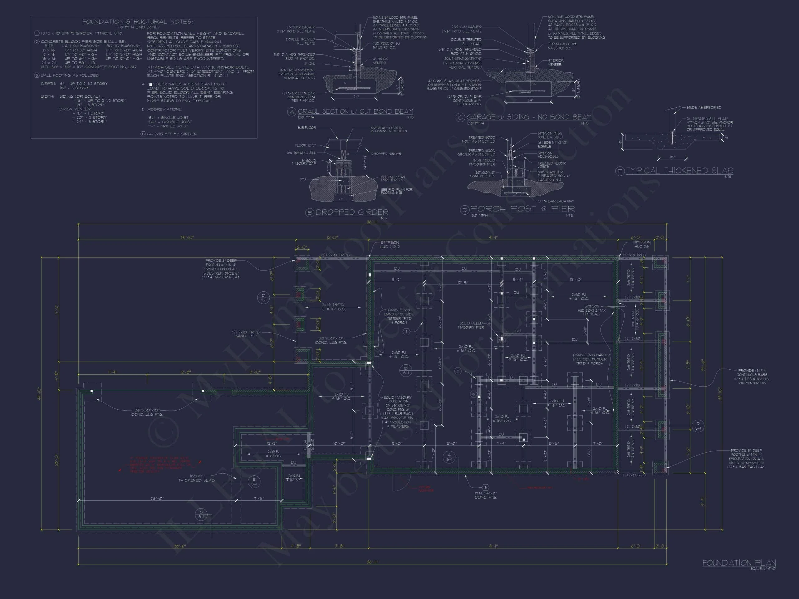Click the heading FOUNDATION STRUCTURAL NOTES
138,22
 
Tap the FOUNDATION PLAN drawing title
739,562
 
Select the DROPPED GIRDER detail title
352,212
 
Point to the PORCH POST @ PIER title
522,209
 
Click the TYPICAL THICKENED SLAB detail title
679,170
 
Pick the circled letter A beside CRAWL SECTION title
292,112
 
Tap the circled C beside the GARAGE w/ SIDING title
460,118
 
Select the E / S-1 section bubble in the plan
254,482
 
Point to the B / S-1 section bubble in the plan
406,370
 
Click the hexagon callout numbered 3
485,487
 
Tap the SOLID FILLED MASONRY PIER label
471,325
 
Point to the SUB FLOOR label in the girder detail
307,128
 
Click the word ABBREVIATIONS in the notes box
164,110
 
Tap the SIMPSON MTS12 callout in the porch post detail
550,135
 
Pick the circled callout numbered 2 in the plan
458,371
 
